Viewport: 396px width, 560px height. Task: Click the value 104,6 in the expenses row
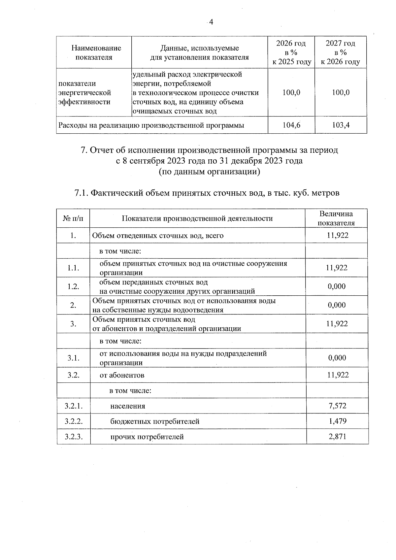point(291,125)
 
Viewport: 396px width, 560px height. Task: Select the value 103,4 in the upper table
point(341,125)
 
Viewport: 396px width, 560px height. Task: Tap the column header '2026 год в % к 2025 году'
point(291,52)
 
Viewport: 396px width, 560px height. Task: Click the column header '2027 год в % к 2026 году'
point(341,52)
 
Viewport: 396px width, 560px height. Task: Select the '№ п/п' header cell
point(73,218)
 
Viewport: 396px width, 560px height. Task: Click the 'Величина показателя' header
point(336,218)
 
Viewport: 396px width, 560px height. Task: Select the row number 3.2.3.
point(73,437)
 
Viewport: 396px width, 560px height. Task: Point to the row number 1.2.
point(73,286)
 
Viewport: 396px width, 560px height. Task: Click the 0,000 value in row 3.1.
point(337,358)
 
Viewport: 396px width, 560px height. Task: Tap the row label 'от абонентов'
point(122,375)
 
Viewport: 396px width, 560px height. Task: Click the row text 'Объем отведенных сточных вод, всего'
point(158,236)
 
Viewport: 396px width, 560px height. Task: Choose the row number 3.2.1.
point(73,406)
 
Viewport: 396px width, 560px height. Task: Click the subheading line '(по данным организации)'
point(209,172)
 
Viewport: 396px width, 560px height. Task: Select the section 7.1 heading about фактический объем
point(207,193)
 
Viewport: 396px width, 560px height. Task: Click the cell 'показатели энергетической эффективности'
point(84,93)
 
